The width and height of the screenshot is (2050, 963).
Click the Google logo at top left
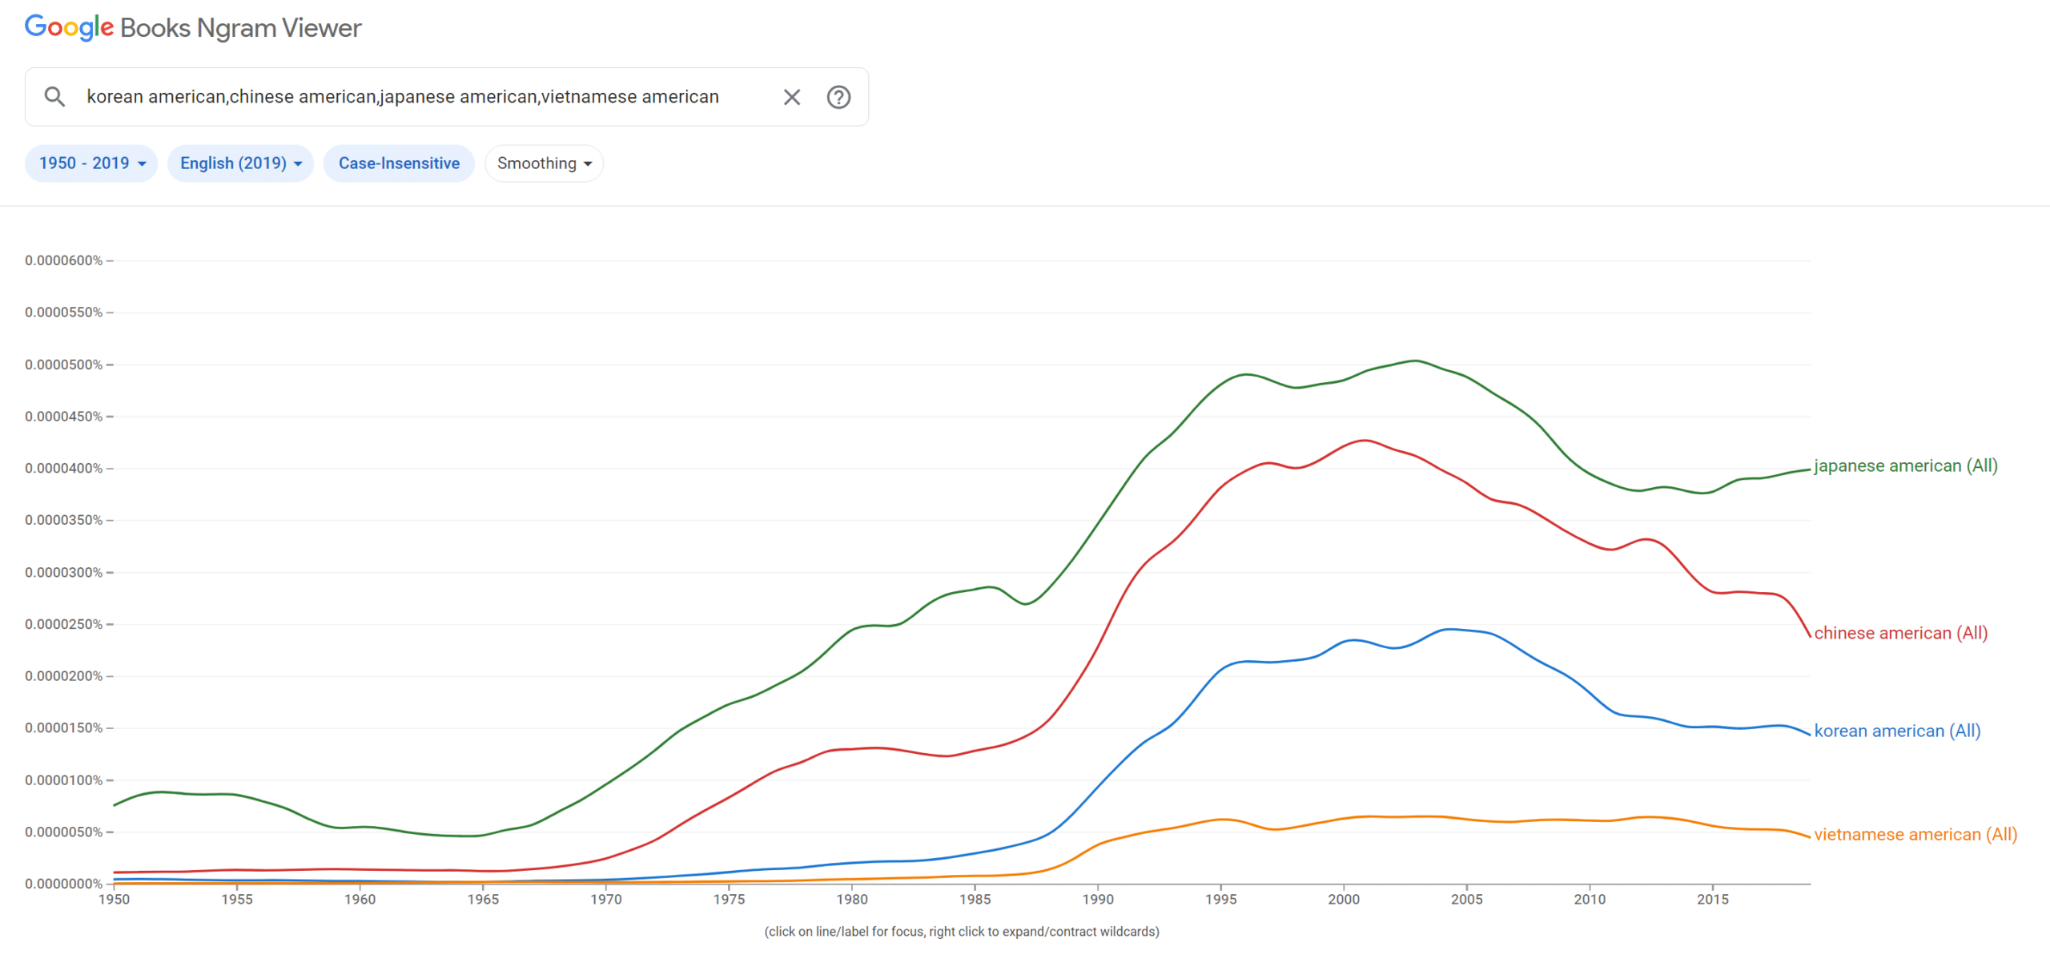(x=69, y=27)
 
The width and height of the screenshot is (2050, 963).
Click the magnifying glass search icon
(x=54, y=97)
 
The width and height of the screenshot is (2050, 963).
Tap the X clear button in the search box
(x=791, y=97)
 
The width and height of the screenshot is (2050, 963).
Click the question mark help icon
(x=838, y=97)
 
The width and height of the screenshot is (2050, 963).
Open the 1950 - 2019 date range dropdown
(x=91, y=163)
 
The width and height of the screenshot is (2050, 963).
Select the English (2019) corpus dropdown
(x=240, y=163)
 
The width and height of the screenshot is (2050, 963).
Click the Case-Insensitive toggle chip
(x=399, y=163)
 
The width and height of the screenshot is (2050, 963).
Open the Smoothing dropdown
(x=544, y=163)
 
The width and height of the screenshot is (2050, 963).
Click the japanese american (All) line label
(x=1905, y=465)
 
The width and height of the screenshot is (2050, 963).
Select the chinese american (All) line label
(x=1900, y=633)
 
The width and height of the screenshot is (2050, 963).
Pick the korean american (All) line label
(x=1897, y=731)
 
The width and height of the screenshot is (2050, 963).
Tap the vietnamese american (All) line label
(x=1915, y=834)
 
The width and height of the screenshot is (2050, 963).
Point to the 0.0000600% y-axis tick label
(x=63, y=260)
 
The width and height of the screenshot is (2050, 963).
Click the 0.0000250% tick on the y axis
(x=63, y=624)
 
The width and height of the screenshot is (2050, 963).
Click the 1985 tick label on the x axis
(x=975, y=899)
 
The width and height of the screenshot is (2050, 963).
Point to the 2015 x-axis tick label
(x=1712, y=899)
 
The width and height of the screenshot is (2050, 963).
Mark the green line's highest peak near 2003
(x=1416, y=361)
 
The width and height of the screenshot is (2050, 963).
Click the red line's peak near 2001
(x=1364, y=440)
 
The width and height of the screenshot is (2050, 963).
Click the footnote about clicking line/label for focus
(x=961, y=931)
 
